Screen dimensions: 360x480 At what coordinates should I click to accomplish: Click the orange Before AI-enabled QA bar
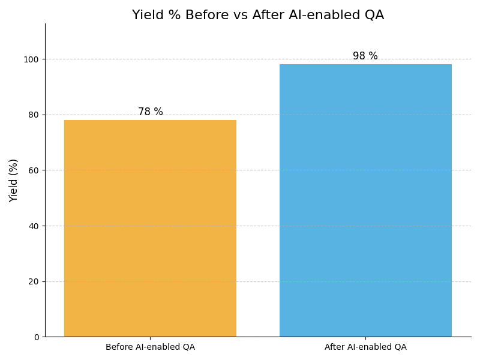click(150, 228)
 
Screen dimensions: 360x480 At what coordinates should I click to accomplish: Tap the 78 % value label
click(150, 112)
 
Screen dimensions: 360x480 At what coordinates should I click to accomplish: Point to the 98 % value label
click(365, 56)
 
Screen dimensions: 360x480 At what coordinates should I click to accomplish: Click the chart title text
click(258, 16)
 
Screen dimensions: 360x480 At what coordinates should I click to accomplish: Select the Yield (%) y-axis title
click(14, 180)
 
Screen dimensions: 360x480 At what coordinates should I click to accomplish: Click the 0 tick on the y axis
click(36, 337)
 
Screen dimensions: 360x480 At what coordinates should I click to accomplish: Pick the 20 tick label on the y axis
click(34, 281)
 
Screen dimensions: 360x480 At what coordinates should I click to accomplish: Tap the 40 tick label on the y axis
click(34, 226)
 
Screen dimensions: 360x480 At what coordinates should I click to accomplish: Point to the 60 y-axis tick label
click(34, 170)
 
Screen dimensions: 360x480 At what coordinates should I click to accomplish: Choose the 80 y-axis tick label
click(34, 115)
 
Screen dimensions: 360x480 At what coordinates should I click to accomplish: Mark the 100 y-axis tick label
click(31, 59)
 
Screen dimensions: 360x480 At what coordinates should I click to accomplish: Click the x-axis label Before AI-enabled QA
click(150, 347)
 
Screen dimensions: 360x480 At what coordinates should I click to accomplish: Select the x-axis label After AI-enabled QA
click(365, 347)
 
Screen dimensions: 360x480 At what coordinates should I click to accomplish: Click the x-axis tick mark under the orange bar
click(150, 338)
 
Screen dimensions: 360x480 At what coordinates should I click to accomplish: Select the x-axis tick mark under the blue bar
click(365, 338)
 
